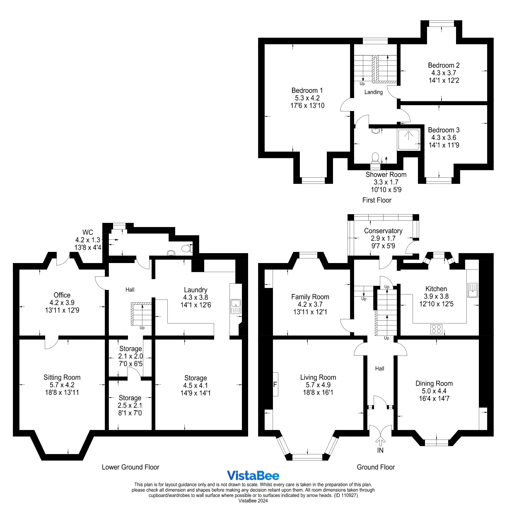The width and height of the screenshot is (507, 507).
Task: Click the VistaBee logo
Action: point(253,476)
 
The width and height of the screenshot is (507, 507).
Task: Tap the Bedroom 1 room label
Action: point(307,90)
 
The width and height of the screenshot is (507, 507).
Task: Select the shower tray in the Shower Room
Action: point(408,140)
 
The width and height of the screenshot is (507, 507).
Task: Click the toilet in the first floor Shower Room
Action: point(375,157)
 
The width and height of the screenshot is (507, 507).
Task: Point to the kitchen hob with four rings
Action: point(436,329)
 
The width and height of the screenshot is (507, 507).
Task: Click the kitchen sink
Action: point(472,290)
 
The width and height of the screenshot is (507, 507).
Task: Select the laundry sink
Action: point(236,306)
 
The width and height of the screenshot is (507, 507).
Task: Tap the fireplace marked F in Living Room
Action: point(275,384)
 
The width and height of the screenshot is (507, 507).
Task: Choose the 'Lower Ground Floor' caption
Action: point(130,467)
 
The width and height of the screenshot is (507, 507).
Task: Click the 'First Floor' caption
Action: point(377,200)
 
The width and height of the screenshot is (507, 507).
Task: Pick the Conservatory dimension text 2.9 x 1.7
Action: point(383,238)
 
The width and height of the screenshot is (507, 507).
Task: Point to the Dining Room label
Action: point(434,384)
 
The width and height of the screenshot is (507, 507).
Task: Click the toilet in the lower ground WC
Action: point(187,249)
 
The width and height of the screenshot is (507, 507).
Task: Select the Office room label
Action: point(62,295)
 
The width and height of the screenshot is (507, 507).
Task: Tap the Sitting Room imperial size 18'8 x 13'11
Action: point(62,392)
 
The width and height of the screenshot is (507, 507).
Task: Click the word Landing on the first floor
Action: point(373,92)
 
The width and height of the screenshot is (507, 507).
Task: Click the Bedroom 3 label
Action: point(444,130)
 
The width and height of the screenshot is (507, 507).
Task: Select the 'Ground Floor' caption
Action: point(376,467)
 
